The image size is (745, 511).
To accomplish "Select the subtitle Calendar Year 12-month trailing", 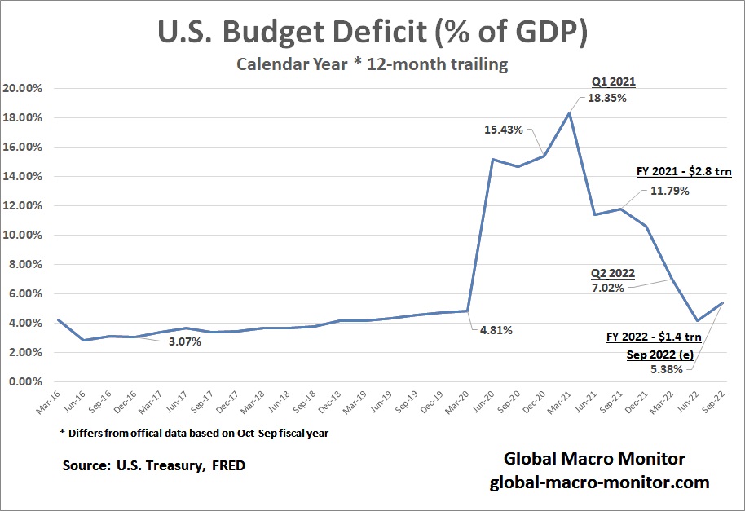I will point(372,64).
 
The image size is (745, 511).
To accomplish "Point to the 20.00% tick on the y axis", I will point(24,88).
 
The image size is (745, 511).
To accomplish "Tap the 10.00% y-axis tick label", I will point(24,235).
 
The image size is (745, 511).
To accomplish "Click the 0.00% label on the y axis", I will point(26,381).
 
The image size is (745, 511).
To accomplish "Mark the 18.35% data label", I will point(607,98).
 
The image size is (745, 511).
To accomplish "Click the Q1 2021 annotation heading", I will point(613,82).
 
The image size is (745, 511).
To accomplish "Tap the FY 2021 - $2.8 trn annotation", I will point(684,173).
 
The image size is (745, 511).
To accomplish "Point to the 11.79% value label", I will point(669,191).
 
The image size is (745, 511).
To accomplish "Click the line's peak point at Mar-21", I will point(569,113).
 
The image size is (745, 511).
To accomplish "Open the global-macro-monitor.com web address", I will point(599,482).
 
